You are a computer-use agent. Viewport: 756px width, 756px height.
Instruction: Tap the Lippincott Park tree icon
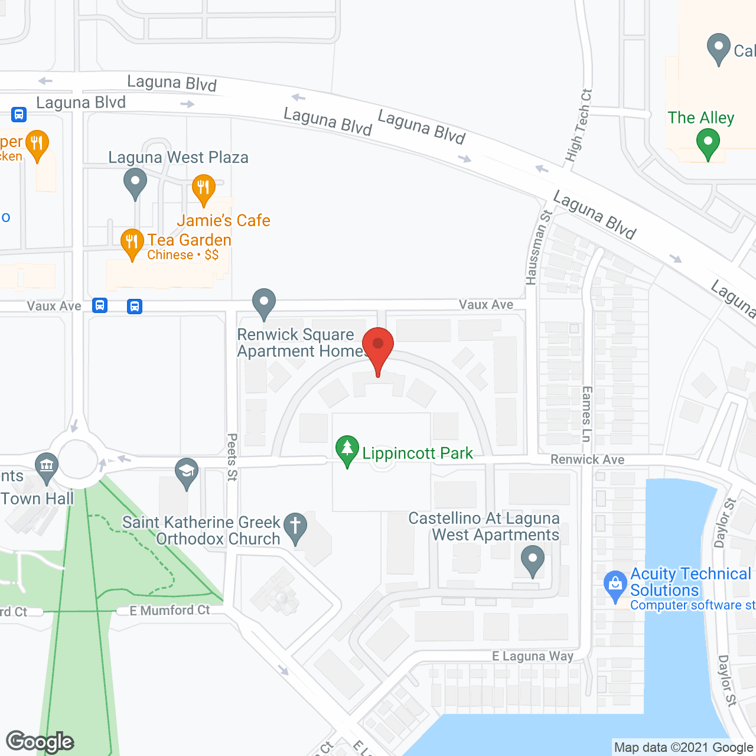pos(347,450)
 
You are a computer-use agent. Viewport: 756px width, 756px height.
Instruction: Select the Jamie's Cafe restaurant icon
pos(203,188)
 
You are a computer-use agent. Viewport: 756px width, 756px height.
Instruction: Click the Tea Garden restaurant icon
pos(132,243)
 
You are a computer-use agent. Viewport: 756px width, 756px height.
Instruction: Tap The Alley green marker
pos(708,143)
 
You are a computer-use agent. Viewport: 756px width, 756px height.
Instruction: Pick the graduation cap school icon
pos(187,472)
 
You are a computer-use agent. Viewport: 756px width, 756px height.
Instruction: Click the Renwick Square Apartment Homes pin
pos(264,303)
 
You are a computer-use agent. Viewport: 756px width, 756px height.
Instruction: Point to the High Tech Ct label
pos(578,126)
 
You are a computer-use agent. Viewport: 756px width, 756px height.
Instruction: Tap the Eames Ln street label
pos(586,414)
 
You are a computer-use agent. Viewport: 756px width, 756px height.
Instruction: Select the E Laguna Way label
pos(533,656)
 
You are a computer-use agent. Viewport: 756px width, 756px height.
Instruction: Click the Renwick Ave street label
pos(587,460)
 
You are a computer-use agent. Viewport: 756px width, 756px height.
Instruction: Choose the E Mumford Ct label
pos(170,610)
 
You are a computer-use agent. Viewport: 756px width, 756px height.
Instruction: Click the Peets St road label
pos(232,457)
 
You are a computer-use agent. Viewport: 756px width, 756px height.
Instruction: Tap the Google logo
pos(40,742)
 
